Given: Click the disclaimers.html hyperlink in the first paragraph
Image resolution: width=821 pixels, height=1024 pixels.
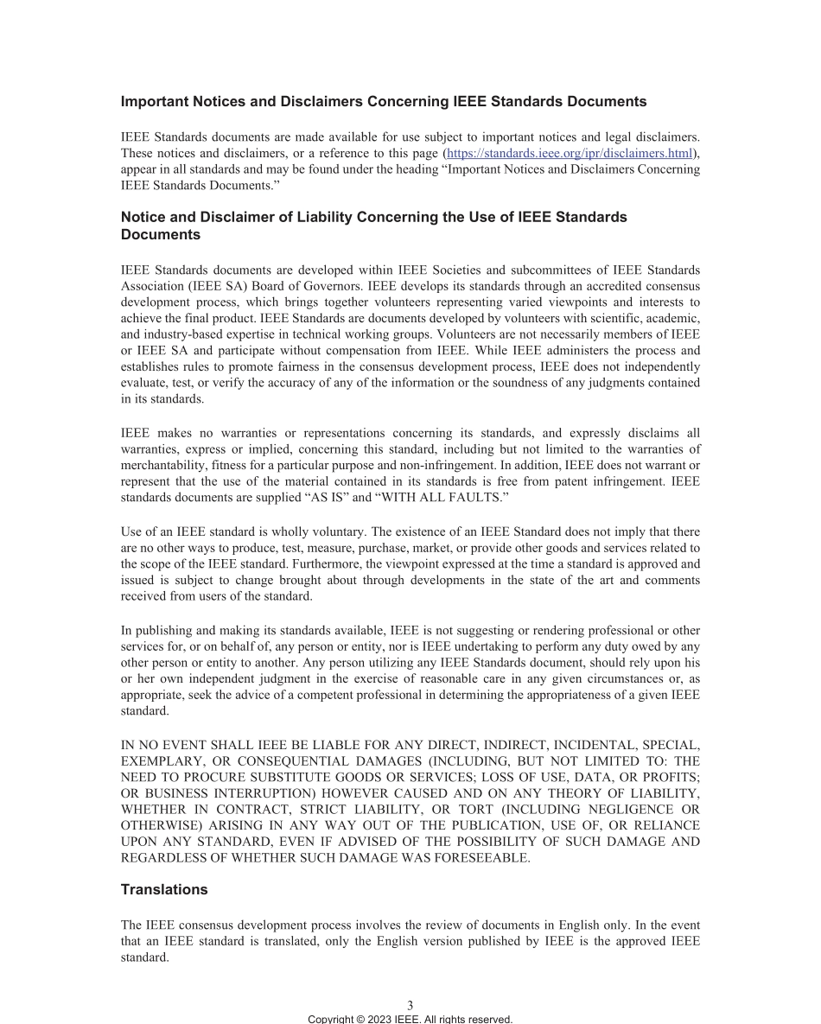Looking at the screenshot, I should (570, 153).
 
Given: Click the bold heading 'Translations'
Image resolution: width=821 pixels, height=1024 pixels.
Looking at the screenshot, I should (164, 889).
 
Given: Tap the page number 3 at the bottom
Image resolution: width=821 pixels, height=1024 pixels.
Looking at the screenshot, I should (410, 1005).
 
